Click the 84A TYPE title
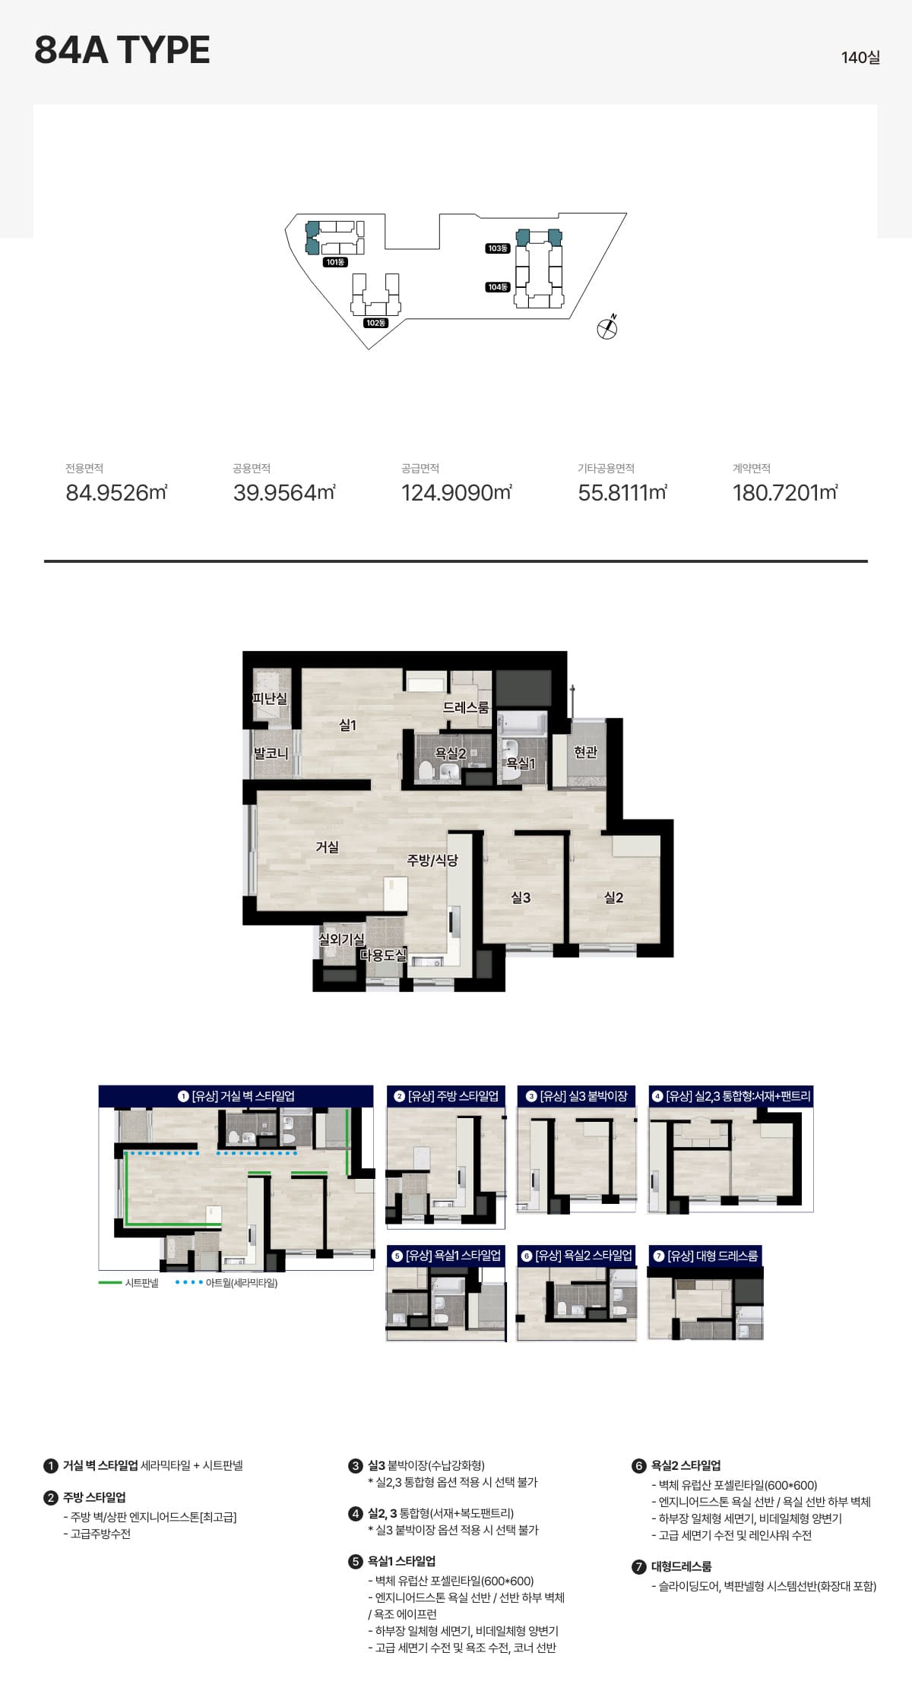point(122,50)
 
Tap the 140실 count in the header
point(860,58)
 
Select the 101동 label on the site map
point(335,262)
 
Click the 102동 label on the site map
point(375,323)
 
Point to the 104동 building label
point(497,287)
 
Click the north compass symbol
point(607,327)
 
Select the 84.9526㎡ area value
point(116,493)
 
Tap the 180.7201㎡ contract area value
point(785,493)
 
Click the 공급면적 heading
point(420,469)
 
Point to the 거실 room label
point(328,847)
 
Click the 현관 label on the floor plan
point(585,752)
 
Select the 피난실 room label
point(270,698)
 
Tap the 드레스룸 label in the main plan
point(466,707)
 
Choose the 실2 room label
point(613,898)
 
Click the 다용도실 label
point(384,955)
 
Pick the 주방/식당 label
point(432,860)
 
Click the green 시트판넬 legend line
point(110,1283)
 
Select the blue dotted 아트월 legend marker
point(189,1283)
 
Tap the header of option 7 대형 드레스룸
point(705,1256)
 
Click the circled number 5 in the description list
point(355,1562)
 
